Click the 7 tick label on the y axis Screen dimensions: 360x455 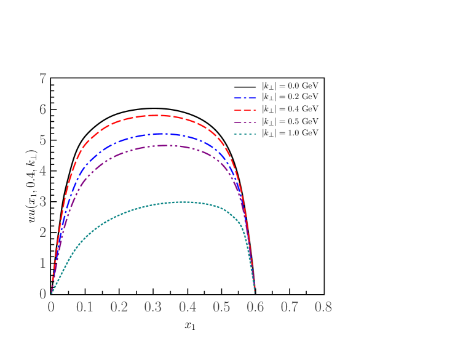tap(43, 79)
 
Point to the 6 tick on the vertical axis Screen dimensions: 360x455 tap(43, 110)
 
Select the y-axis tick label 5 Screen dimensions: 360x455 tap(43, 140)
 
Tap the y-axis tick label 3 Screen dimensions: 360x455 tap(43, 202)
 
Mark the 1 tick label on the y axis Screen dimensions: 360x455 tap(43, 263)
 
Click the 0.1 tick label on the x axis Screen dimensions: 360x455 tap(85, 307)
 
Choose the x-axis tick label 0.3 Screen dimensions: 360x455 tap(153, 307)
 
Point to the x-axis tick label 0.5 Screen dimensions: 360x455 tap(221, 307)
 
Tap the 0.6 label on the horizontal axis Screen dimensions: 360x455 tap(255, 307)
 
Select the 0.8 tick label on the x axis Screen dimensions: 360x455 tap(323, 307)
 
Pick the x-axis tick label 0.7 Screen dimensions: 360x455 tap(289, 307)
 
